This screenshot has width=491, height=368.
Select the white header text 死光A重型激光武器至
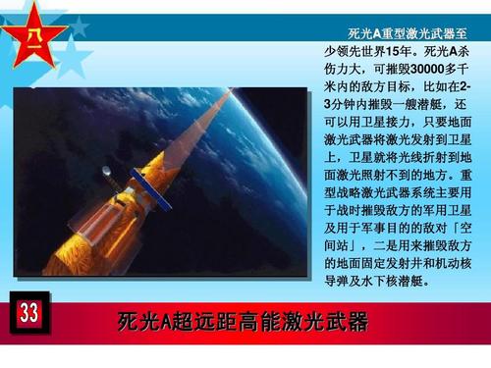pyautogui.click(x=399, y=33)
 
